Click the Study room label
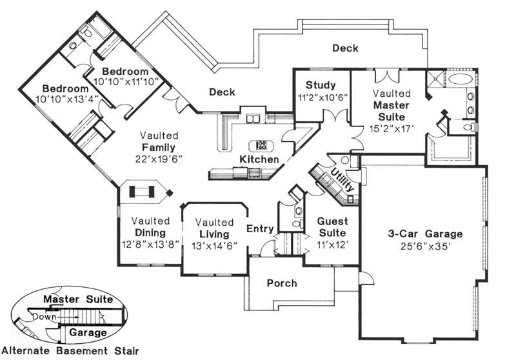pyautogui.click(x=321, y=85)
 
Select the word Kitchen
pyautogui.click(x=259, y=159)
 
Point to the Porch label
pyautogui.click(x=281, y=283)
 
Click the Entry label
pyautogui.click(x=261, y=228)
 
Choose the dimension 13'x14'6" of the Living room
pyautogui.click(x=215, y=245)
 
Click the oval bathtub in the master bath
pyautogui.click(x=461, y=81)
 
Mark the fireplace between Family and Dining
pyautogui.click(x=143, y=192)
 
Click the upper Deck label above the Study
pyautogui.click(x=345, y=48)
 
